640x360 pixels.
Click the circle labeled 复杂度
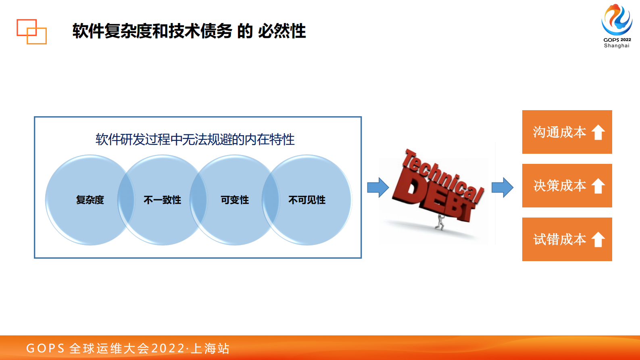tap(90, 200)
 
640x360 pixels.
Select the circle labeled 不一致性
tap(162, 200)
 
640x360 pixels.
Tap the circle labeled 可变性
tap(234, 200)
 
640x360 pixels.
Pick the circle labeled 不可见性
tap(307, 200)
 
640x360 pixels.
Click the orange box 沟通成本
tap(559, 132)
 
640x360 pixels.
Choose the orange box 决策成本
tap(559, 186)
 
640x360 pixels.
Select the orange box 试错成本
tap(559, 239)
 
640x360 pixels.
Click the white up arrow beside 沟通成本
tap(598, 132)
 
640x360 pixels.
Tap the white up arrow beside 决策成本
tap(598, 186)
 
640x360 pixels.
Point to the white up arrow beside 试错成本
tap(598, 240)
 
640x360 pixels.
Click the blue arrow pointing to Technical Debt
tap(378, 187)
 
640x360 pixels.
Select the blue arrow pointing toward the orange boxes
tap(502, 187)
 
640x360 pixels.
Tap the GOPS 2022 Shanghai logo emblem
tap(617, 20)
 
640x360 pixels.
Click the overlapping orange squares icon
tap(31, 31)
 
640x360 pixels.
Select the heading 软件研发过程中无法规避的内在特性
tap(195, 140)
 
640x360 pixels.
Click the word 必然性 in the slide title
tap(282, 31)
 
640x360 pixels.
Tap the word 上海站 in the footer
tap(210, 348)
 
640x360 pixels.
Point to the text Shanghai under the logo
tap(617, 46)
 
